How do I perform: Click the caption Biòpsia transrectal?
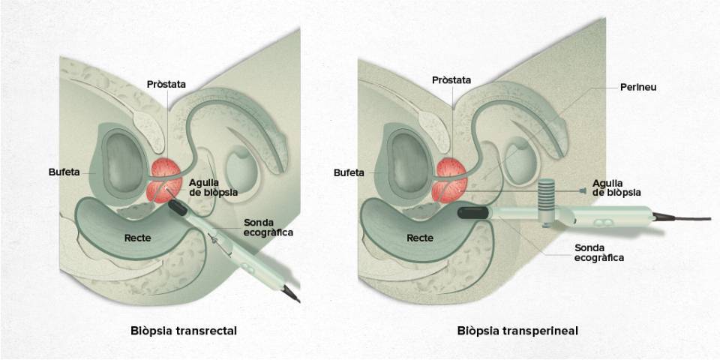click(x=184, y=331)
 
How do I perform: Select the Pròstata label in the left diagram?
click(x=166, y=85)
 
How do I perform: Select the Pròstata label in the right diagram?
click(x=451, y=80)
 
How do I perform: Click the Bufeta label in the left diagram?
click(x=64, y=172)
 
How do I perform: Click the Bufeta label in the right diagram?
click(x=349, y=173)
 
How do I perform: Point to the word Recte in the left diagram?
click(x=137, y=238)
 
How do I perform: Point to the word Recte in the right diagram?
click(x=420, y=238)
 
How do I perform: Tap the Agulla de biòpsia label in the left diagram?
click(x=213, y=187)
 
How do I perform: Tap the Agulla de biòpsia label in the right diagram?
click(x=616, y=187)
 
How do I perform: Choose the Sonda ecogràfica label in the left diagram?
click(x=268, y=226)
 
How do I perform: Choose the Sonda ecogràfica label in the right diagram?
click(x=599, y=253)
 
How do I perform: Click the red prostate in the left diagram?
click(x=166, y=180)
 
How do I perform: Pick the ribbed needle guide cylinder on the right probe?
click(x=546, y=195)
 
